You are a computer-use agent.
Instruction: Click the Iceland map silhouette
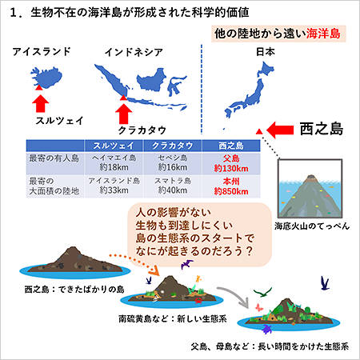47,77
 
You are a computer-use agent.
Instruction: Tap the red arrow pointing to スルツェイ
41,103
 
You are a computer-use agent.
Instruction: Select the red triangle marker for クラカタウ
123,98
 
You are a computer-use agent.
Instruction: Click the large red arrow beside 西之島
280,130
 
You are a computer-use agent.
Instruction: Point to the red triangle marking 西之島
259,131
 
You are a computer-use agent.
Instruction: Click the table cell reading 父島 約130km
231,163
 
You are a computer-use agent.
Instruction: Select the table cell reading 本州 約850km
231,186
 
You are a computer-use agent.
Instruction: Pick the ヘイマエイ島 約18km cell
114,162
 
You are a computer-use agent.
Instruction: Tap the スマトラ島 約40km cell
173,186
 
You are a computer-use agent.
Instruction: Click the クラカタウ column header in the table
173,146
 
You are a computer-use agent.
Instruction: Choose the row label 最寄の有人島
54,158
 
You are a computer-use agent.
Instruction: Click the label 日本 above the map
266,51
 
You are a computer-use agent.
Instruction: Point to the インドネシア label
134,52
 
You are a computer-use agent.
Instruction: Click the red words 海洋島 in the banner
323,34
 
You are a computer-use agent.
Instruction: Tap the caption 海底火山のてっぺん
312,226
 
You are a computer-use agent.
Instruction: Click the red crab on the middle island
198,301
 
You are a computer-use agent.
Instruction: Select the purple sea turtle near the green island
267,329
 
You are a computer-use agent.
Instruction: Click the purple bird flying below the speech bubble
187,264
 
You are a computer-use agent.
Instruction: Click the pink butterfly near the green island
259,307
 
